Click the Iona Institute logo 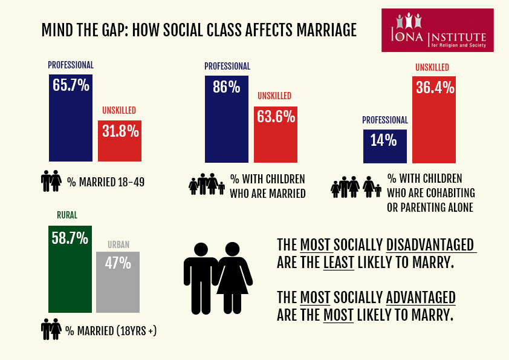438,30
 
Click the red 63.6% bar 275,133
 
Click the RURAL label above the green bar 67,215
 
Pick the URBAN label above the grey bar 118,244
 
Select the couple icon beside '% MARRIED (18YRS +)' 51,330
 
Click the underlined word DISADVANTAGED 430,246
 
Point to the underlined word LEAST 339,263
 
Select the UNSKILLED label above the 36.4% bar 432,68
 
